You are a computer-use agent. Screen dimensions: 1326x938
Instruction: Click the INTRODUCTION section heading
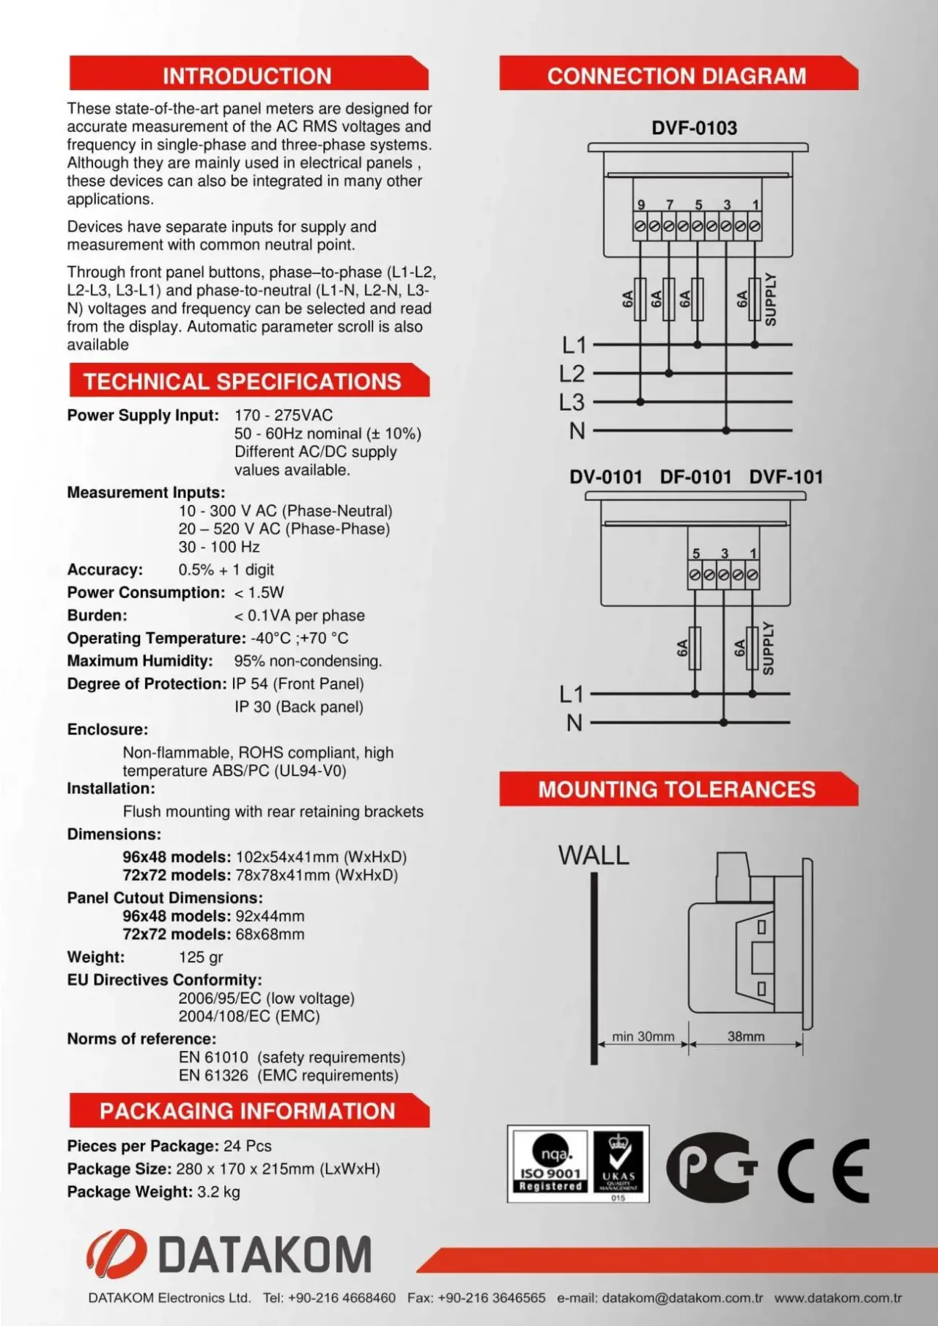[x=247, y=75]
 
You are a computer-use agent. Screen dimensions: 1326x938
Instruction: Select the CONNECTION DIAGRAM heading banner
[x=676, y=75]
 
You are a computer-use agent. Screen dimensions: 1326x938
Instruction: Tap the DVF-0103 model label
[x=694, y=128]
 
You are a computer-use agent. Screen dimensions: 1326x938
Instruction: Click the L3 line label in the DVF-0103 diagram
[x=572, y=402]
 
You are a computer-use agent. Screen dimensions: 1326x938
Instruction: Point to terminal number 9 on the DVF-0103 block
[x=641, y=205]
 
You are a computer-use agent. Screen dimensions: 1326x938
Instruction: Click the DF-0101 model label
[x=695, y=477]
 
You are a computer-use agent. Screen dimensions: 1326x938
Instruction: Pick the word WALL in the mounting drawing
[x=594, y=855]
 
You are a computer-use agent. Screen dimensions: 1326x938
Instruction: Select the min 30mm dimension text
[x=643, y=1036]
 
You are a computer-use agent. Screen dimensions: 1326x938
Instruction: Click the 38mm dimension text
[x=746, y=1036]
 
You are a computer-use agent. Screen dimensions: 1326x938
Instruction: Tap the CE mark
[x=824, y=1171]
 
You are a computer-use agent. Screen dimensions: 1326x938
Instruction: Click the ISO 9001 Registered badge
[x=550, y=1164]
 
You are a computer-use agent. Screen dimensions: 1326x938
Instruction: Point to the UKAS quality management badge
[x=619, y=1164]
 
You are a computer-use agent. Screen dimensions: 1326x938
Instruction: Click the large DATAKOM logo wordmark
[x=265, y=1254]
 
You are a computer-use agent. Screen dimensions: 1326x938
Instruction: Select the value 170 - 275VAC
[x=284, y=416]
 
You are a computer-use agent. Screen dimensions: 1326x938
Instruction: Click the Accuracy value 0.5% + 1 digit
[x=226, y=570]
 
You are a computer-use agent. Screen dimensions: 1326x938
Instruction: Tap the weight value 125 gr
[x=201, y=957]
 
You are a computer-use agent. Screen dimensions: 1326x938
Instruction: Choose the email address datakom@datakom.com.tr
[x=682, y=1298]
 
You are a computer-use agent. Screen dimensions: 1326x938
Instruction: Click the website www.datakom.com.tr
[x=838, y=1298]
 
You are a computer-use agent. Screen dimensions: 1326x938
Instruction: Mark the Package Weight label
[x=130, y=1192]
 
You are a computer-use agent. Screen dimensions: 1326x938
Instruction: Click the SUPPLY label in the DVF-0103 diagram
[x=770, y=299]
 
